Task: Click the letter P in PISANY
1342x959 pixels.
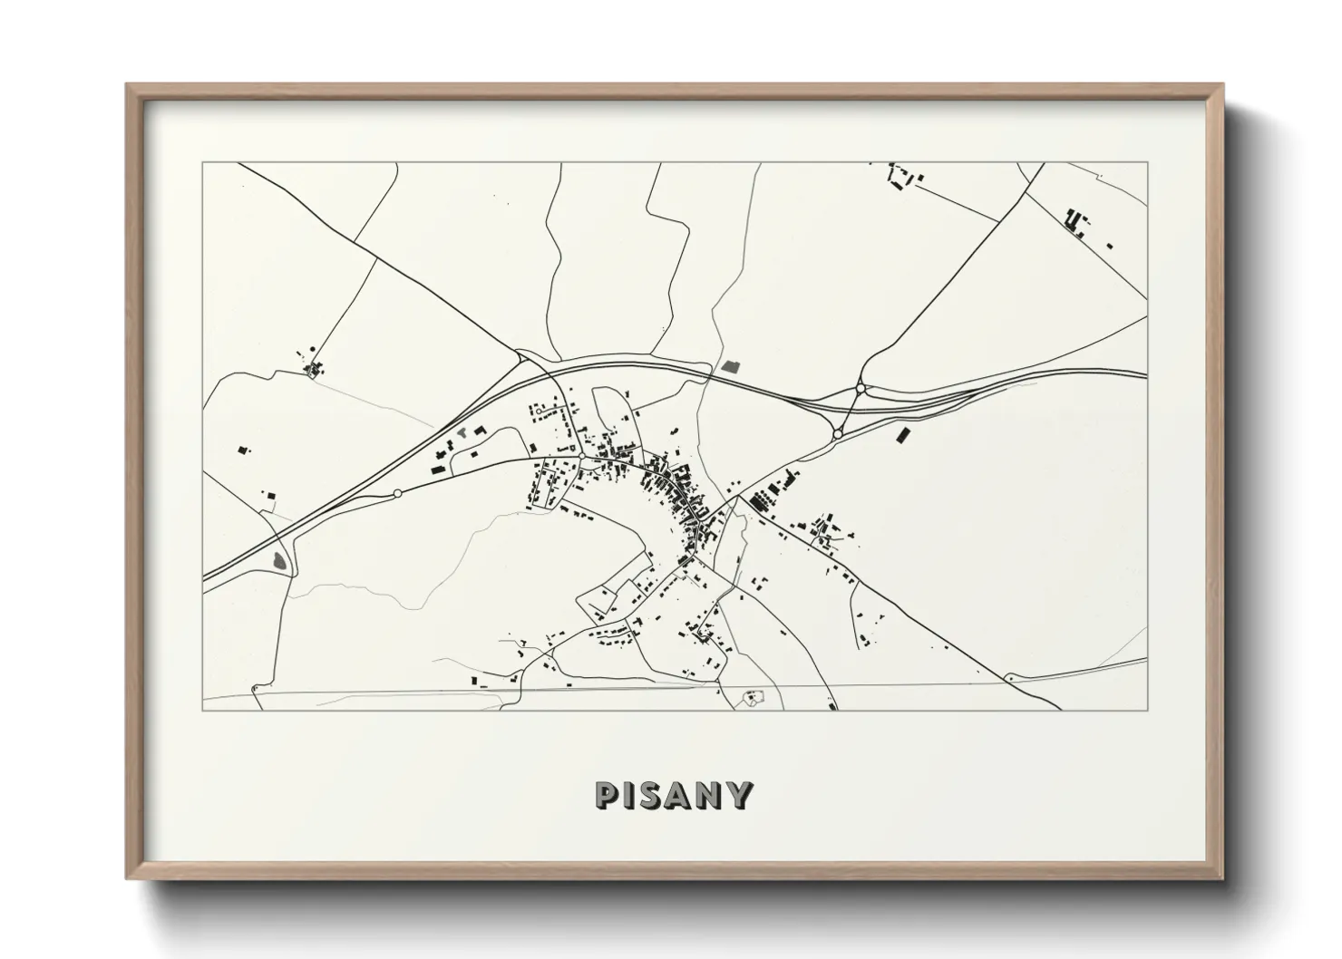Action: tap(605, 794)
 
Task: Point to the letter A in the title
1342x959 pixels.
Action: tap(680, 794)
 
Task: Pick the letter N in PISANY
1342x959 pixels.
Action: tap(710, 794)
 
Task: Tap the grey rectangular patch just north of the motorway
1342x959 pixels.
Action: tap(731, 366)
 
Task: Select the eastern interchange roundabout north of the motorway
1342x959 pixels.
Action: tap(860, 390)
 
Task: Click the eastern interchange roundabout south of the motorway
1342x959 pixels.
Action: tap(837, 434)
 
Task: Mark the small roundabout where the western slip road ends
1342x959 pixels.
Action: tap(397, 493)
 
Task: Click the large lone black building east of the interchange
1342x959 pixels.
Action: tap(902, 436)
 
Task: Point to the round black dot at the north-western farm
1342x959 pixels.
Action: tap(313, 348)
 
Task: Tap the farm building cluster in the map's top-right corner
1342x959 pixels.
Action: tap(1076, 221)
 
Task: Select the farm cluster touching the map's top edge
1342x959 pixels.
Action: tap(900, 176)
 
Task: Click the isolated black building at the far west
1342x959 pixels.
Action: tap(242, 449)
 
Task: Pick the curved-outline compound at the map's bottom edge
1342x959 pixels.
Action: tap(752, 698)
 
